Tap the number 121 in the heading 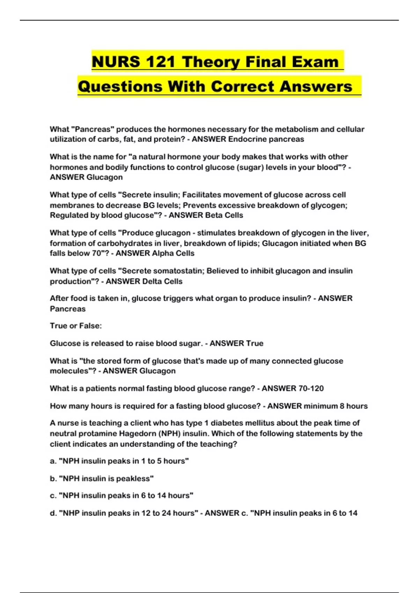click(161, 62)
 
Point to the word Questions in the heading click(120, 87)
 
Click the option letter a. click(53, 461)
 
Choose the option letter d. click(53, 513)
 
